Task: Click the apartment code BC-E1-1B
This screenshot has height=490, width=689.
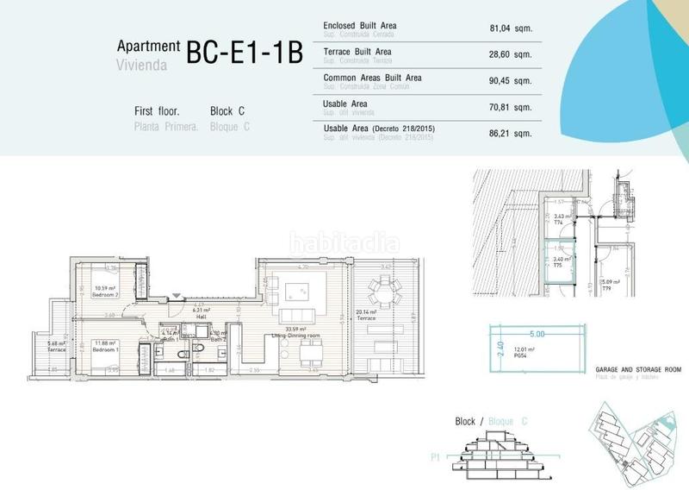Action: (x=245, y=53)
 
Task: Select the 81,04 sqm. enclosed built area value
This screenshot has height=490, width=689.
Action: (x=512, y=28)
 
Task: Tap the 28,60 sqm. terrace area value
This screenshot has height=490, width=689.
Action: (x=512, y=54)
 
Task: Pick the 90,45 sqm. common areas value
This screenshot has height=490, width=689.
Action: (x=512, y=82)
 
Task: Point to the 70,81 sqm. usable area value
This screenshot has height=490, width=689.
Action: (x=512, y=109)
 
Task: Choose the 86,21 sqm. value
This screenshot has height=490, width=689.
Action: (x=512, y=135)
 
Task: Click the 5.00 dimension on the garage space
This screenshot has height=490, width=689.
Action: (x=537, y=332)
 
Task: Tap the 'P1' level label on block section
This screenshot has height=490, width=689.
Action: (x=436, y=460)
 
